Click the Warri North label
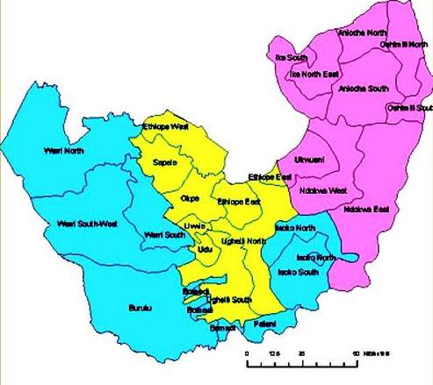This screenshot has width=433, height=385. click(61, 151)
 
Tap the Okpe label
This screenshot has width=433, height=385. click(190, 198)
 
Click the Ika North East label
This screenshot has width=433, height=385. click(314, 75)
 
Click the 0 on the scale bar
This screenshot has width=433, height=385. click(248, 354)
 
